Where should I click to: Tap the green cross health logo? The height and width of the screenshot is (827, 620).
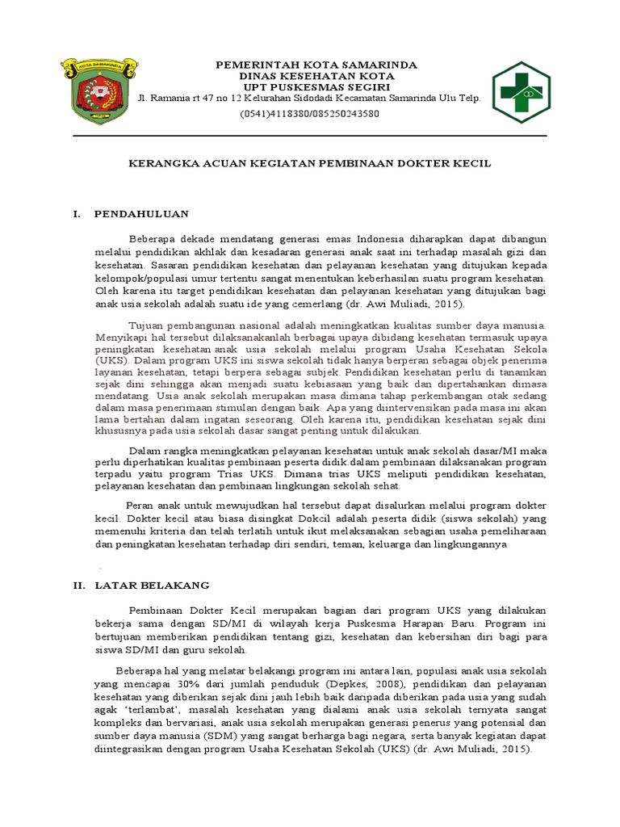[521, 91]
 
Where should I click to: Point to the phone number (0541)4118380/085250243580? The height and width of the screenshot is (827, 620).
[310, 114]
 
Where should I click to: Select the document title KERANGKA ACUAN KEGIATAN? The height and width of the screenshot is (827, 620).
[310, 163]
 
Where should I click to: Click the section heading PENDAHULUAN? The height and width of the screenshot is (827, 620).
[141, 214]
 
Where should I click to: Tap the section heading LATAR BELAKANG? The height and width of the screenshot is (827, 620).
[152, 584]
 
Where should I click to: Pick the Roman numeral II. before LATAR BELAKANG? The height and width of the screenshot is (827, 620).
[78, 584]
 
